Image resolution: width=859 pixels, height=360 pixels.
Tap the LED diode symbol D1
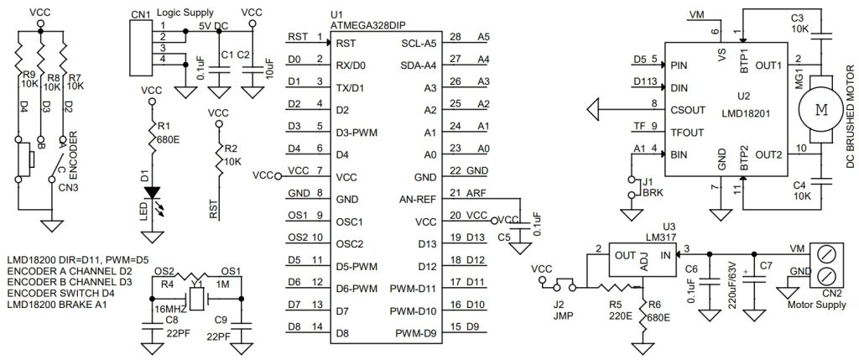pyautogui.click(x=152, y=192)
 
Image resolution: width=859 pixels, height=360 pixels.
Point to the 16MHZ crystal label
pyautogui.click(x=169, y=310)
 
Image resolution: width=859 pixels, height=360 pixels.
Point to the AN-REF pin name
pyautogui.click(x=424, y=200)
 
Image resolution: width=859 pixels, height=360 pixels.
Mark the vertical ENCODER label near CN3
pyautogui.click(x=73, y=149)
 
